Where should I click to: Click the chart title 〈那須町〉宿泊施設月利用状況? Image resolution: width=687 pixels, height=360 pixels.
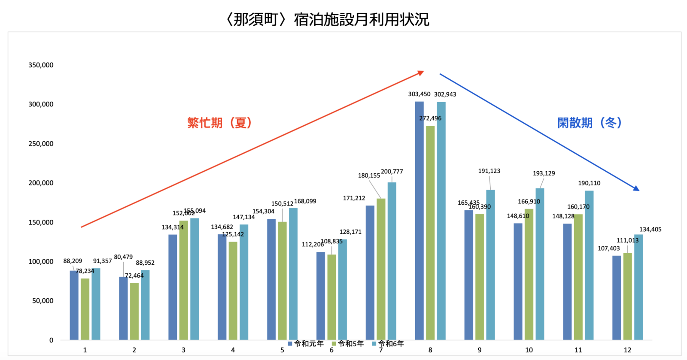327,20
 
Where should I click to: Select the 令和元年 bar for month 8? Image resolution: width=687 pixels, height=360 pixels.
419,221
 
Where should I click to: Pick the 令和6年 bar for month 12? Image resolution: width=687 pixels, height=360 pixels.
638,287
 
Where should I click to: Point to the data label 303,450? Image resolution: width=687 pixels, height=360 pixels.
419,94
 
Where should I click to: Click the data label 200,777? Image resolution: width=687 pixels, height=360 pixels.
392,172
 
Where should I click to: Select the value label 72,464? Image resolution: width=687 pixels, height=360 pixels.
134,276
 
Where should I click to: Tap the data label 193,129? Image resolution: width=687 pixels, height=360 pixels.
544,173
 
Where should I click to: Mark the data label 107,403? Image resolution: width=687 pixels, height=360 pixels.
608,248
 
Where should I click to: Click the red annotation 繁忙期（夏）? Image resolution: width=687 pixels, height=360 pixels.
219,123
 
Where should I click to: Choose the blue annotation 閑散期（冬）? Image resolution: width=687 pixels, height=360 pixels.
589,123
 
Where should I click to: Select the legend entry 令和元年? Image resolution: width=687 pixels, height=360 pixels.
306,344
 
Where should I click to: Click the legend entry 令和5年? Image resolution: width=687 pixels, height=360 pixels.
348,344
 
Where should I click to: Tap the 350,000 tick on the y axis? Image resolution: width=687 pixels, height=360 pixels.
41,65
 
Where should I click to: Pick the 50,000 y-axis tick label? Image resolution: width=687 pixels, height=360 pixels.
43,301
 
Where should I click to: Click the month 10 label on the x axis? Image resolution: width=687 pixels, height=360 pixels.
529,350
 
